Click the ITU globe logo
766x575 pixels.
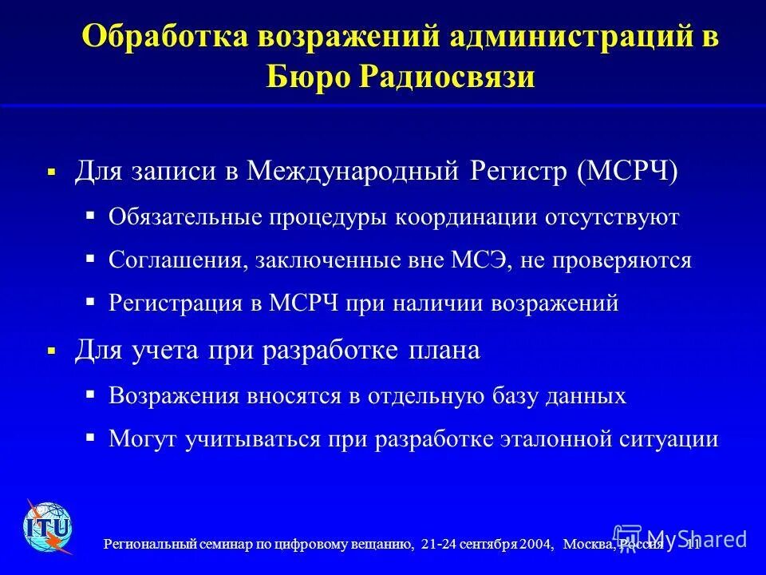pos(48,527)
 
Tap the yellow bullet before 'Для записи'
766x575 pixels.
pos(52,172)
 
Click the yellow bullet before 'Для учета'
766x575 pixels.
pos(52,351)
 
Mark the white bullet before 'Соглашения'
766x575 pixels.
pos(90,260)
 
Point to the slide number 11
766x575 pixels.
pos(693,545)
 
